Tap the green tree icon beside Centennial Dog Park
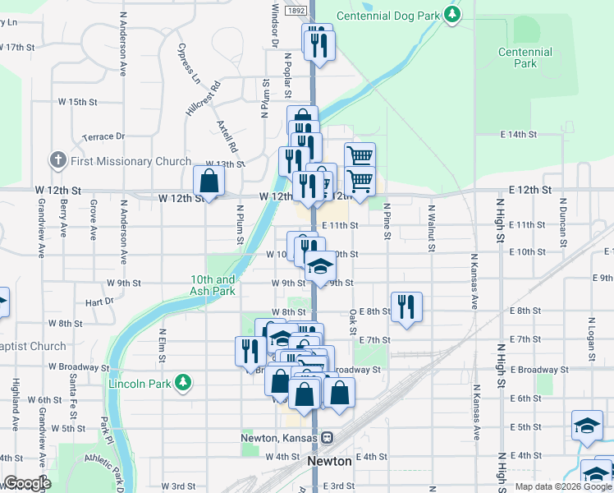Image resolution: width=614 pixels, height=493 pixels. tap(451, 14)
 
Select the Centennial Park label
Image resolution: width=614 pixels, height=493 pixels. tap(525, 58)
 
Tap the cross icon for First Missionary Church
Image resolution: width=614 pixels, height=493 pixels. tap(57, 161)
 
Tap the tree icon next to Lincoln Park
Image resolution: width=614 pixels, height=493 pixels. tap(186, 383)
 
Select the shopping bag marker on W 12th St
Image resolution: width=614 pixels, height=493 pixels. tap(208, 182)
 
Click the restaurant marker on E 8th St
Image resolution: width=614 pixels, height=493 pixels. tap(406, 307)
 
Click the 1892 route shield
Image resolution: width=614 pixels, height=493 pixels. tap(296, 11)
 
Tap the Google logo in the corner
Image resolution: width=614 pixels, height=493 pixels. tap(27, 483)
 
